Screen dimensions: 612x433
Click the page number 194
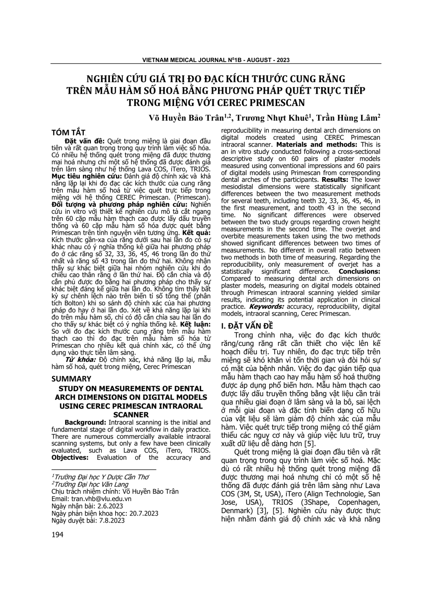tap(58, 535)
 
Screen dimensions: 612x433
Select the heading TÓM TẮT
tap(68, 133)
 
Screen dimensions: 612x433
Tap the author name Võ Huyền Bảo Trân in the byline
tap(187, 117)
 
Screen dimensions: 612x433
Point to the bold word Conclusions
tap(360, 272)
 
